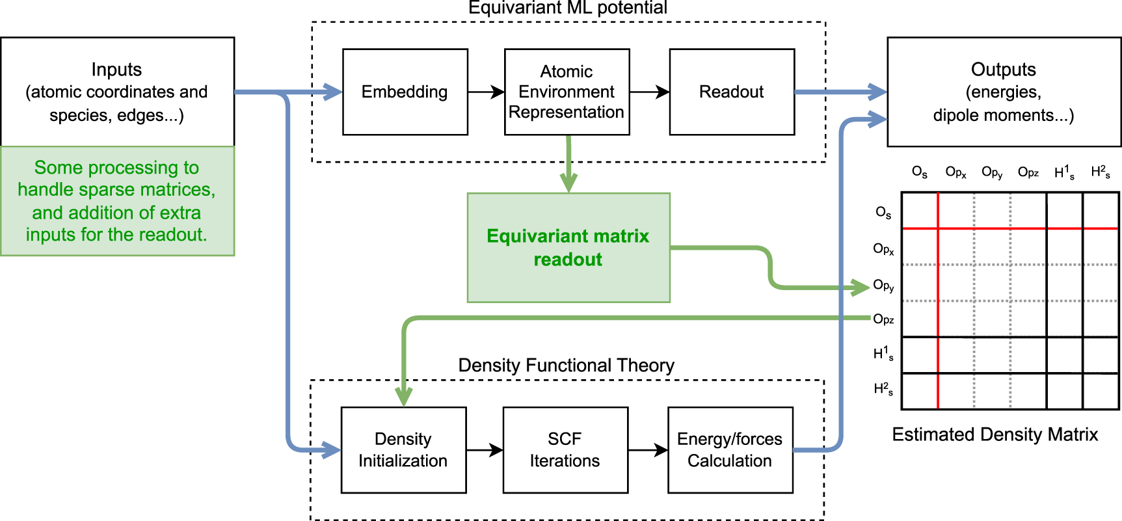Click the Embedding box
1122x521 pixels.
[x=405, y=92]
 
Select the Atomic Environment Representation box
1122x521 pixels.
[x=567, y=92]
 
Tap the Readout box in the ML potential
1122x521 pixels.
[x=732, y=92]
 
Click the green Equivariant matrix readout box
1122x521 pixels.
[x=568, y=247]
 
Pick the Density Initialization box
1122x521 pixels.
[x=403, y=449]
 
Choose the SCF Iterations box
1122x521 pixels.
[x=565, y=449]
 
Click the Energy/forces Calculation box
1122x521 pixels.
[x=730, y=449]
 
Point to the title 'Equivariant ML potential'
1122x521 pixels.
[x=567, y=8]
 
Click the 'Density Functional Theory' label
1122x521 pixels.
[x=566, y=365]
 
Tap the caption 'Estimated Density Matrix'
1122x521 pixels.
[x=995, y=434]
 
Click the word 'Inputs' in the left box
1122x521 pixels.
[x=116, y=69]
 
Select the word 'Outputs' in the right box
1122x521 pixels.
[x=1003, y=69]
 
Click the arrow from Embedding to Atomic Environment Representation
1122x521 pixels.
[x=486, y=92]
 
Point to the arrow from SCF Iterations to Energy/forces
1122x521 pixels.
[x=648, y=449]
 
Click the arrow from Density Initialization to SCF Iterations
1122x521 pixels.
[x=485, y=449]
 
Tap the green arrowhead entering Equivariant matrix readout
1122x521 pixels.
[x=568, y=183]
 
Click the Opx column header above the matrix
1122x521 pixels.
[x=955, y=172]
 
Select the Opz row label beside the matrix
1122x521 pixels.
[x=883, y=319]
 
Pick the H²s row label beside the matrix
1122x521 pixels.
[x=883, y=389]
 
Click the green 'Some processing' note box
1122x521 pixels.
[x=117, y=201]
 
